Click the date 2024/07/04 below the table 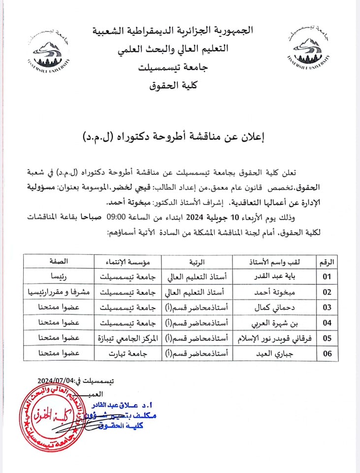(x=55, y=381)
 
